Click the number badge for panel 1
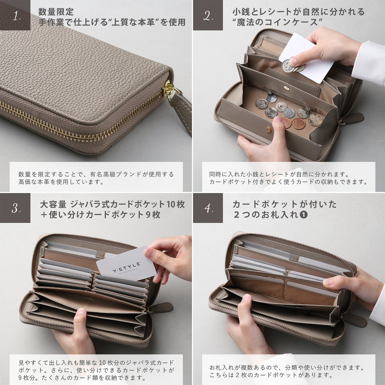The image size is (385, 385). (15, 15)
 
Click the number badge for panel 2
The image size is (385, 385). (208, 15)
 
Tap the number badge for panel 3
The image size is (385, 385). (15, 208)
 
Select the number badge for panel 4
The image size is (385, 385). (208, 208)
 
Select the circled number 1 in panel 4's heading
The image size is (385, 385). (303, 215)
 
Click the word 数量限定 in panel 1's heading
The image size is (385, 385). (56, 12)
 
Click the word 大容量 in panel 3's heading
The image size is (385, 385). (53, 204)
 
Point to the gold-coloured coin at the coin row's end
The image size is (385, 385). (315, 120)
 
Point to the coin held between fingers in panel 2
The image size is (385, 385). (289, 66)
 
